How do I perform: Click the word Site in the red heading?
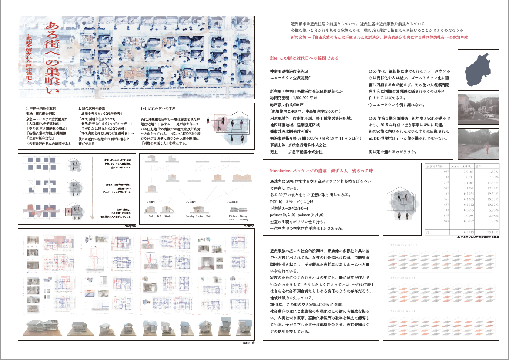pyautogui.click(x=274, y=58)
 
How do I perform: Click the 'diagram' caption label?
pyautogui.click(x=129, y=226)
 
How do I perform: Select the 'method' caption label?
pyautogui.click(x=248, y=226)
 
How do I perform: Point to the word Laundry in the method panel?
pyautogui.click(x=189, y=215)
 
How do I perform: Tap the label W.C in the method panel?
pyautogui.click(x=159, y=215)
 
